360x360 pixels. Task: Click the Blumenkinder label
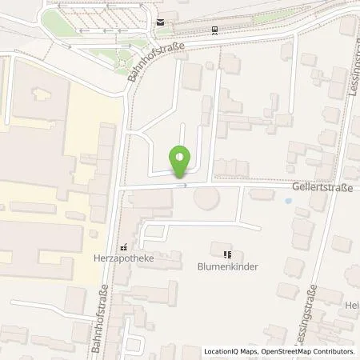pos(226,268)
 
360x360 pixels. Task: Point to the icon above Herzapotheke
pos(123,248)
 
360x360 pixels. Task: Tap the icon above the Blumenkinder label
pos(226,255)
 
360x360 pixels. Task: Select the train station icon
pos(215,30)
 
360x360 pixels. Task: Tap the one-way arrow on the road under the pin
pos(184,186)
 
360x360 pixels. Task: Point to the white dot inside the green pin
pos(181,156)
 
